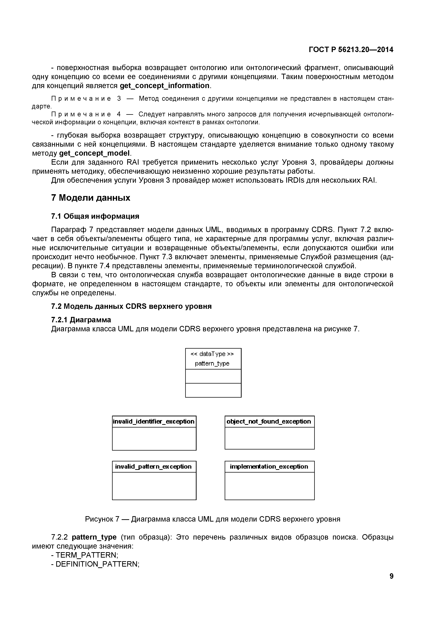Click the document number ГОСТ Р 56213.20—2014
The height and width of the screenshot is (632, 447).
(351, 50)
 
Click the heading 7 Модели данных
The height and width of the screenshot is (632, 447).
(91, 198)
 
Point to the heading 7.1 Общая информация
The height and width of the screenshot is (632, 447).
(95, 216)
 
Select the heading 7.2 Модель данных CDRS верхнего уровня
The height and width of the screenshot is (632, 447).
(131, 306)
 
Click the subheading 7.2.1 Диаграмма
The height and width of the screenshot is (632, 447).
(81, 320)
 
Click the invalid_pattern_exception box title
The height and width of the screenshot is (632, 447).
(153, 467)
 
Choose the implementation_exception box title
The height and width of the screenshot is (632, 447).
(269, 467)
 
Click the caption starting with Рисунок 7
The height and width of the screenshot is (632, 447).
(212, 519)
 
